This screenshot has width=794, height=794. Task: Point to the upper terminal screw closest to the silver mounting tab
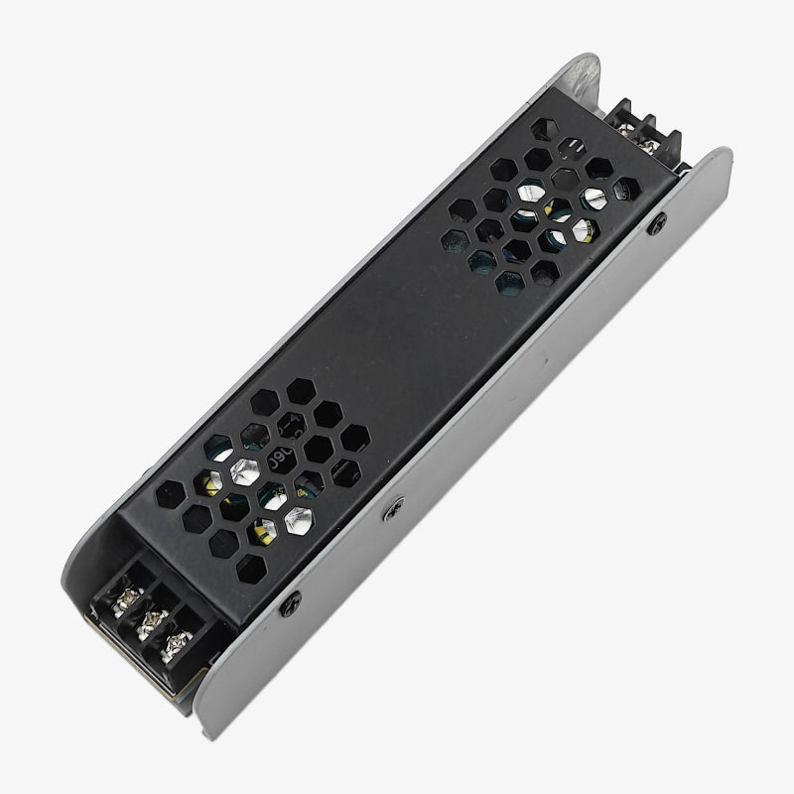[x=627, y=124]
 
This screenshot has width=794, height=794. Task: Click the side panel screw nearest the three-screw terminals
[x=294, y=598]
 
